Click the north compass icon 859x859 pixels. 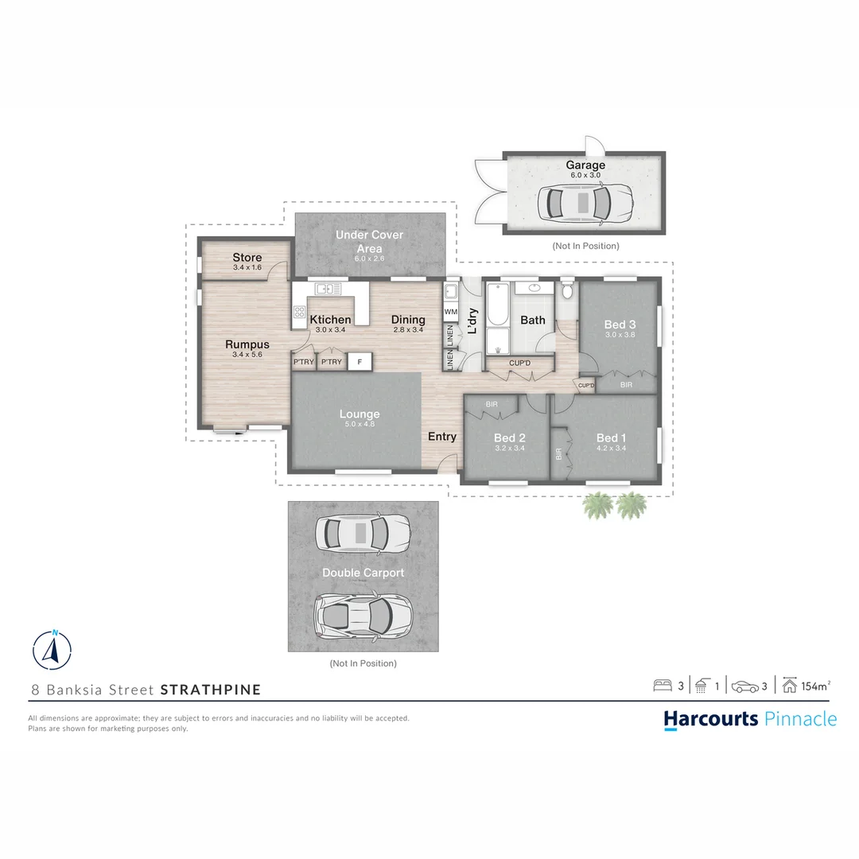(52, 650)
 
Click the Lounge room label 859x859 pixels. (360, 414)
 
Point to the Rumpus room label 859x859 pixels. (247, 344)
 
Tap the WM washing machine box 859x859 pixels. (451, 311)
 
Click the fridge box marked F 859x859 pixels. (360, 362)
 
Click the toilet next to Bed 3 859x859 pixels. (566, 291)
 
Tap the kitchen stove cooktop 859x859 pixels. (300, 313)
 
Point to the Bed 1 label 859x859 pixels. (611, 437)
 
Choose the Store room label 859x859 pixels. (247, 258)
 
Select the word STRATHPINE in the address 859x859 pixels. (211, 690)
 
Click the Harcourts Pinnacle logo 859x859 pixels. (750, 719)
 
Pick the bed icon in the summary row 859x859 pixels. (663, 686)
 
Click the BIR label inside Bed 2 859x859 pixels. (492, 405)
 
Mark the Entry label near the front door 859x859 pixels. (442, 437)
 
